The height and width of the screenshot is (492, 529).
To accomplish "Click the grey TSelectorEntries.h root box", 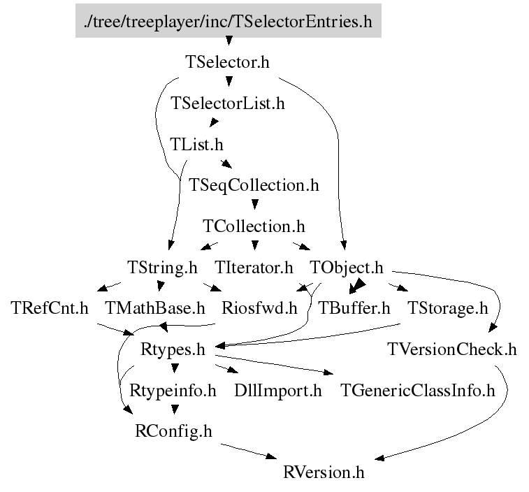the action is point(229,20).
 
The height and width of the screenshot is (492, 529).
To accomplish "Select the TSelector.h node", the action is point(227,62).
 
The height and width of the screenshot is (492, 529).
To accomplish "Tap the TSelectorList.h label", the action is point(228,103).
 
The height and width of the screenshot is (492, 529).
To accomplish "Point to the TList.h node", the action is point(196,144).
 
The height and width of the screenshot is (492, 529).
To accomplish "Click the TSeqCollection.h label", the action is point(254,185).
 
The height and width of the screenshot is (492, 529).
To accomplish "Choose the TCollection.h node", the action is point(254,226).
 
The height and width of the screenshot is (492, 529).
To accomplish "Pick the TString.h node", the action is point(162,268).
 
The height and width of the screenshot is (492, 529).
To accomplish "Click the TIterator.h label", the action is point(254,267).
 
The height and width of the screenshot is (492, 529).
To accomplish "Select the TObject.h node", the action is point(347,268).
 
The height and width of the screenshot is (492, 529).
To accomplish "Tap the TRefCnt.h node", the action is point(50,307).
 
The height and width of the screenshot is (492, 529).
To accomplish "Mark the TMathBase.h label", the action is point(155,307).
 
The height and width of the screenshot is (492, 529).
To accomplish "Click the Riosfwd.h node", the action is point(259,307).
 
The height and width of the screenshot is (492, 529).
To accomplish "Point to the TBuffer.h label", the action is point(354,307).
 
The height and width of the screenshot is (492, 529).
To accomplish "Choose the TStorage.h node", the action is point(448,308).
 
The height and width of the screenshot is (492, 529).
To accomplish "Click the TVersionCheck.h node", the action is point(452,349).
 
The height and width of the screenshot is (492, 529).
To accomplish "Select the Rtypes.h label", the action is point(173,349).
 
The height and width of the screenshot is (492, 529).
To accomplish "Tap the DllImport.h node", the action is point(278,391).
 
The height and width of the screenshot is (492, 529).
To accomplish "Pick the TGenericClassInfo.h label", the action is point(418,390).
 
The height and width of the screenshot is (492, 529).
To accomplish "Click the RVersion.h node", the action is point(324,472).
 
